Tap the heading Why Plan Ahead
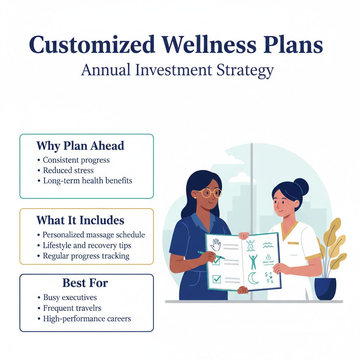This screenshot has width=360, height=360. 80,146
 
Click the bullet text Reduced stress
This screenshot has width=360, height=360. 68,171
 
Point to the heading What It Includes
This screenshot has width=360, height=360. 80,220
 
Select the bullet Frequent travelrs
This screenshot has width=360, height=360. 72,308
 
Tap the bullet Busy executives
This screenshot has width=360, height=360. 70,298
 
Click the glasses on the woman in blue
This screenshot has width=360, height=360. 209,192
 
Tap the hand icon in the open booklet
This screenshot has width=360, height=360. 216,245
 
